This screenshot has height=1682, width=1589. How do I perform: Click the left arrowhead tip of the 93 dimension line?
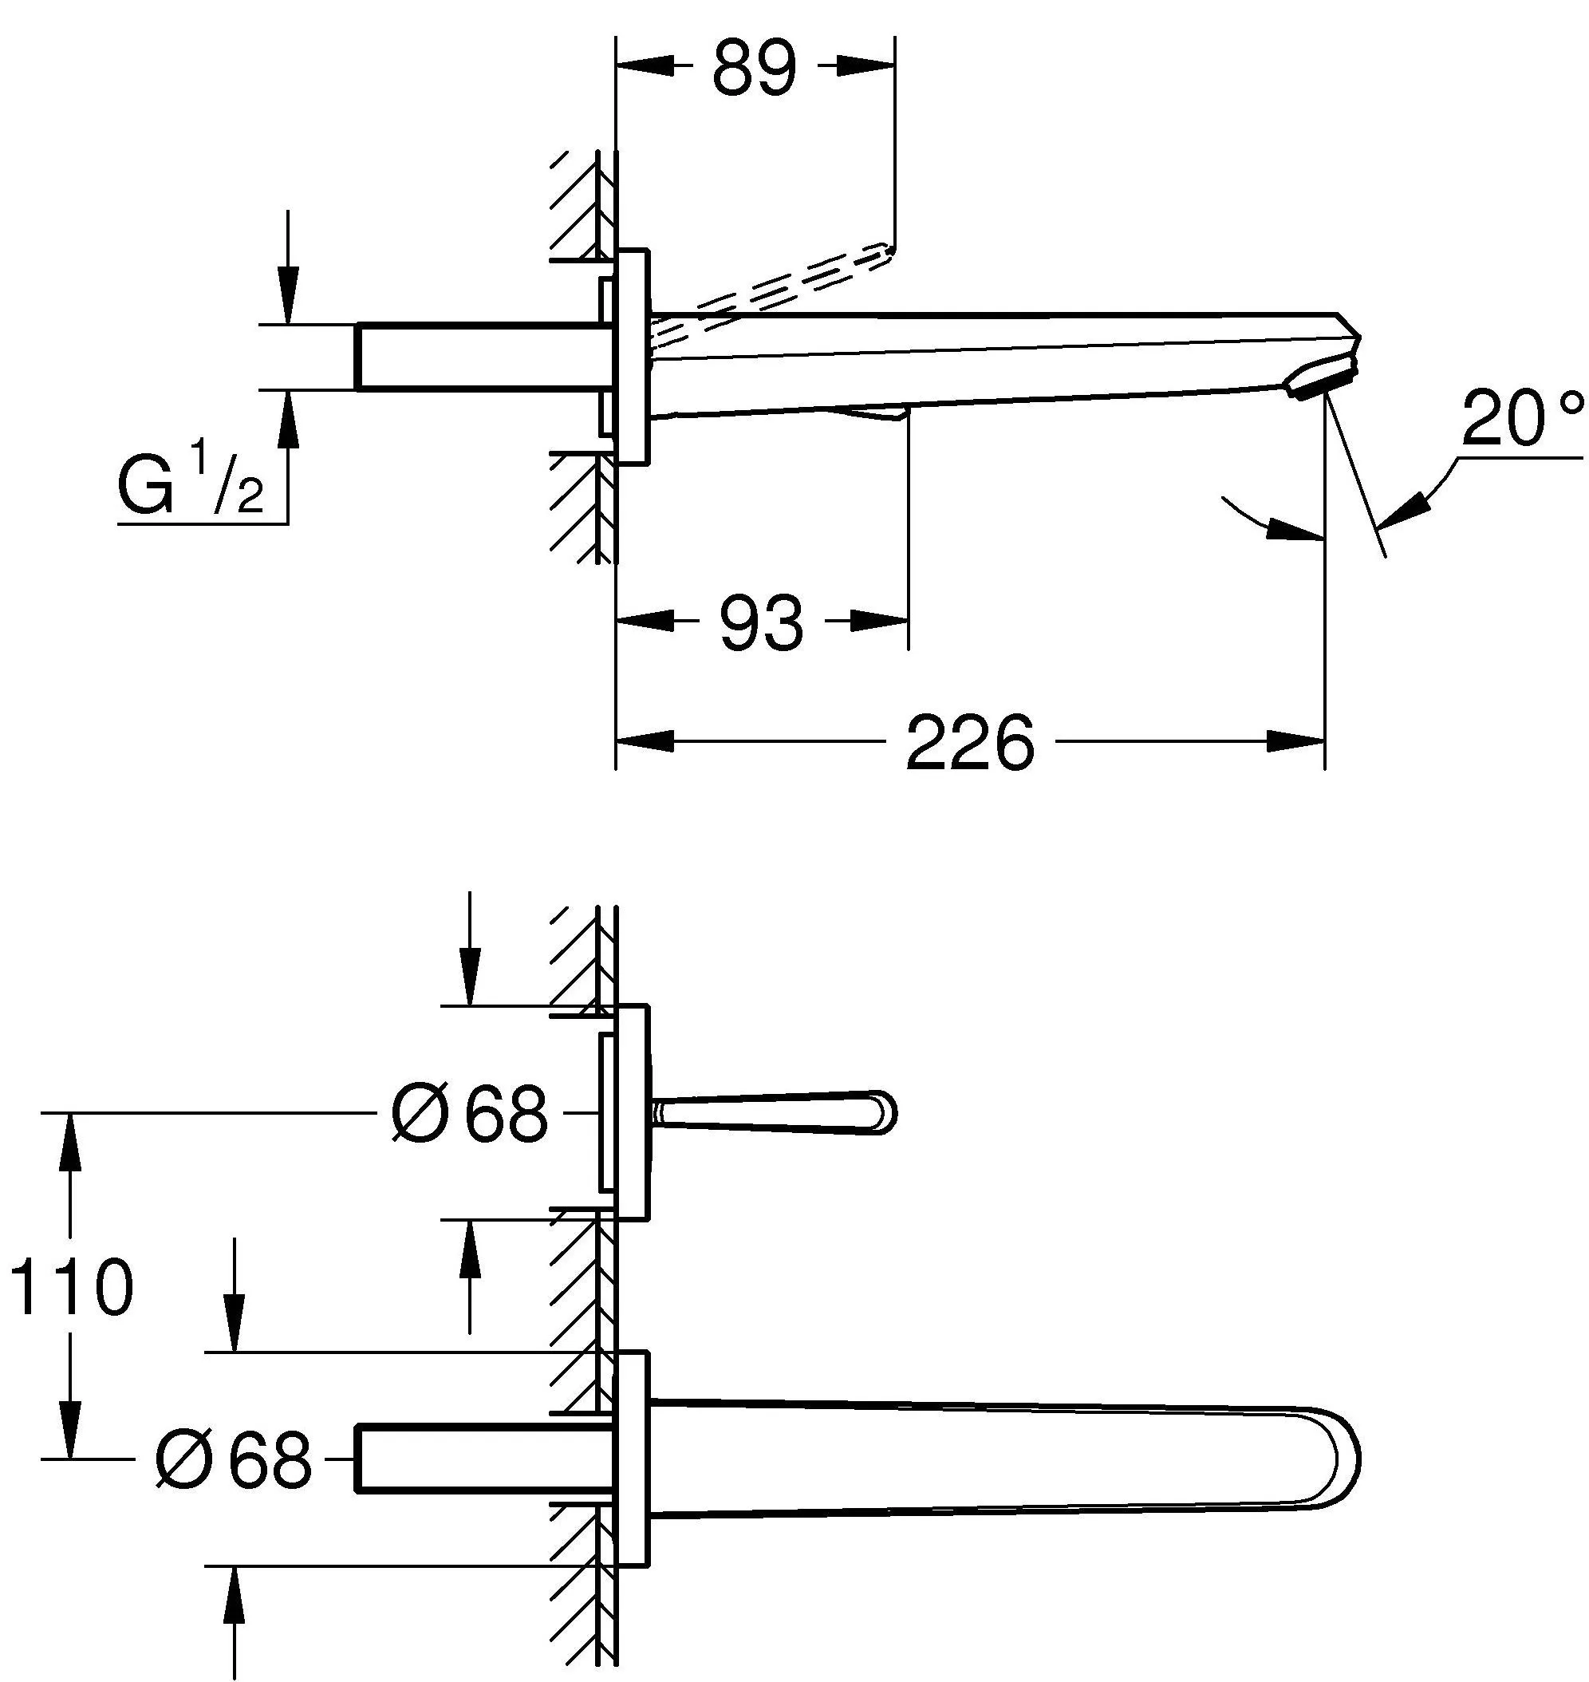coord(617,620)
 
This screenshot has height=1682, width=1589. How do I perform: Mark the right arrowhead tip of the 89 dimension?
coord(894,66)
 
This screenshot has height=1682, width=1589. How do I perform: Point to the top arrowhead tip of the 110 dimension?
coord(69,1112)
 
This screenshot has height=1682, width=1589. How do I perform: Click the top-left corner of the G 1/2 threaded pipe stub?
coord(355,324)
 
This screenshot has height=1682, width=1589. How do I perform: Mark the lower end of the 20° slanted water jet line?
coord(1386,557)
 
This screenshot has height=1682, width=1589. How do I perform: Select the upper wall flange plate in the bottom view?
coord(633,1112)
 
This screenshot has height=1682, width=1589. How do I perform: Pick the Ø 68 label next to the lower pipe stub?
coord(234,1459)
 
